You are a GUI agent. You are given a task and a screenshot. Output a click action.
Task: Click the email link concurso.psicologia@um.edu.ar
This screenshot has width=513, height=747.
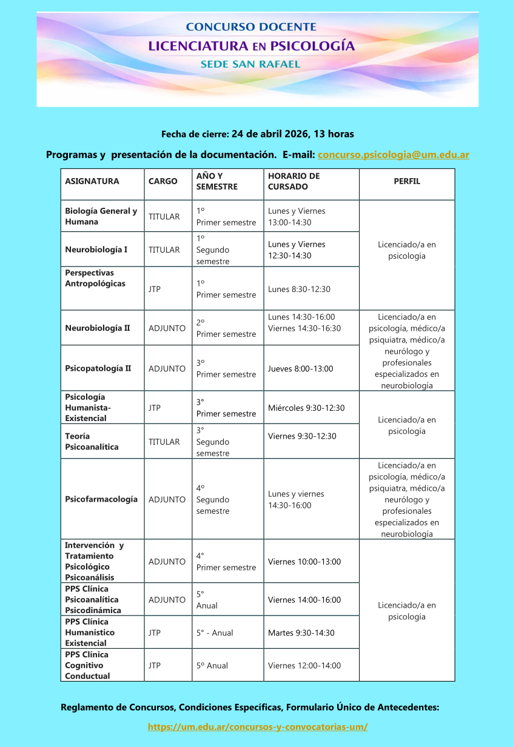point(394,155)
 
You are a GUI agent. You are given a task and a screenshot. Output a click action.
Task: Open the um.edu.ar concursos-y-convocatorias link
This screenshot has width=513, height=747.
point(258,726)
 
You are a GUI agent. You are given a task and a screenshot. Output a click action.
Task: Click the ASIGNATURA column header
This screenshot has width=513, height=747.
point(92,181)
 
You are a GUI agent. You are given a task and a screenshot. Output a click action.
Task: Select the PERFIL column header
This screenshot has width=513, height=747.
point(407,181)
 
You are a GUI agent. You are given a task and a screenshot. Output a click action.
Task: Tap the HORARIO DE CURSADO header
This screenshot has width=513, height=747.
point(294,181)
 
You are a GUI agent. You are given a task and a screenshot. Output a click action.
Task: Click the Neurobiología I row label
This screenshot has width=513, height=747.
point(96,250)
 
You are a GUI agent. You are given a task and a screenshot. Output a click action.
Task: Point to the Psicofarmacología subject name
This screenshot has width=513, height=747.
point(101,499)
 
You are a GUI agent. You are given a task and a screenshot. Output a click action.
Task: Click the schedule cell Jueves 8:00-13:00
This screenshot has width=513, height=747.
point(301,368)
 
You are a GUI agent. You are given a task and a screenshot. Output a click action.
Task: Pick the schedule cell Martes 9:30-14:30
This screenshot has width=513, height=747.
point(301,633)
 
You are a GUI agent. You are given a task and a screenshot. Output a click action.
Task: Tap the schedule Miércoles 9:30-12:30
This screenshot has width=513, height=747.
point(306,408)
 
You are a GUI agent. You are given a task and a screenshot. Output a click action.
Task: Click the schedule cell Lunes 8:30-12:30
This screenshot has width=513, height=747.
point(299,289)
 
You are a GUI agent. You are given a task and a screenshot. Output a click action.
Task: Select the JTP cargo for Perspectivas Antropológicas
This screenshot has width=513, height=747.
point(155,289)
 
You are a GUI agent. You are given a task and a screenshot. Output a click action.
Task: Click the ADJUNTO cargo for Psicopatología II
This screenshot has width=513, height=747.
point(167,368)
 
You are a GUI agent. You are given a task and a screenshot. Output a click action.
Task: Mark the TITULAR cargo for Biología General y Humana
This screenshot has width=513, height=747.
point(164,216)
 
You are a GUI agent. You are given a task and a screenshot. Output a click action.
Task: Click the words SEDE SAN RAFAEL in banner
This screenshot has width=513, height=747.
point(250,64)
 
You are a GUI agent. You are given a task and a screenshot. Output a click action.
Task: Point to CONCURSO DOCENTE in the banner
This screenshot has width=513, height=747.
point(251,27)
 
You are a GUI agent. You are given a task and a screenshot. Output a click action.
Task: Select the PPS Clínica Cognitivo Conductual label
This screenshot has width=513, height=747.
point(87,665)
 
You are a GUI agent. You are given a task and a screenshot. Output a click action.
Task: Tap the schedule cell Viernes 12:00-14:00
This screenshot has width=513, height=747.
point(304,665)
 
